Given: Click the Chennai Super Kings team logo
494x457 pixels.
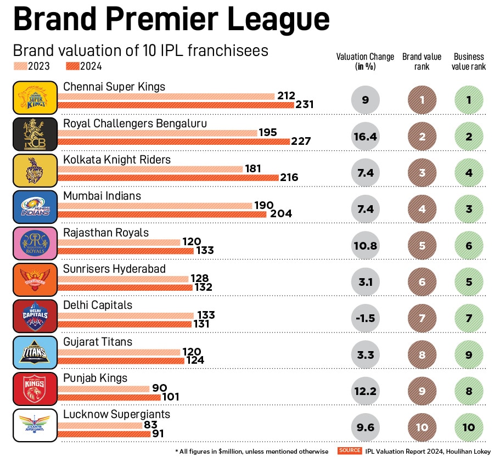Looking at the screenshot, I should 35,98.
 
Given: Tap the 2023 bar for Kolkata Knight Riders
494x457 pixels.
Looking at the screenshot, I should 150,169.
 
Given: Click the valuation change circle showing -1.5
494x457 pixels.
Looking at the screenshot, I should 364,318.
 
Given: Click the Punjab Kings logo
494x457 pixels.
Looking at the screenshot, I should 35,389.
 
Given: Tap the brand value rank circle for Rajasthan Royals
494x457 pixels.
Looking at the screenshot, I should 422,246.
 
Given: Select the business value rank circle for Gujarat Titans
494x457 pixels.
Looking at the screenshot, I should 469,354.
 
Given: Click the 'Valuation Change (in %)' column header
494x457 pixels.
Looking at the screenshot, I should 365,61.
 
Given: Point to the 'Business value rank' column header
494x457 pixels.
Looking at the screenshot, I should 469,61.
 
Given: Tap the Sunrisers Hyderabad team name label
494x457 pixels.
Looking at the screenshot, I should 114,269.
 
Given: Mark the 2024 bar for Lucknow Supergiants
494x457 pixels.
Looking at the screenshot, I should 104,433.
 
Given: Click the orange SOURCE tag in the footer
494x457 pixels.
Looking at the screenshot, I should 350,450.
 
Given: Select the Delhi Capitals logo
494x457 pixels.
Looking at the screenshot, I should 35,316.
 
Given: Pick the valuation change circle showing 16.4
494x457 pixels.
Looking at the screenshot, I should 364,137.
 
